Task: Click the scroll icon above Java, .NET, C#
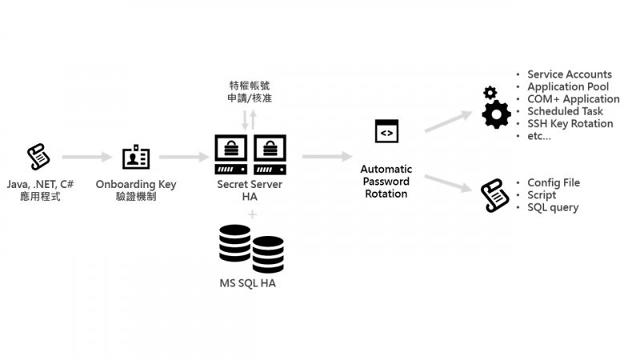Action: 37,157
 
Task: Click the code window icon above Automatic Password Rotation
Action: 386,131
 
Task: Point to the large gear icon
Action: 496,115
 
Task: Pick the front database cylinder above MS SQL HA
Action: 268,254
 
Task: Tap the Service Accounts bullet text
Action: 569,74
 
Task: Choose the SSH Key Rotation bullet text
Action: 570,123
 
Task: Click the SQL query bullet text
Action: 553,207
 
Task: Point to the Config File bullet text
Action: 554,182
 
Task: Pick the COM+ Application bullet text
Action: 573,99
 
